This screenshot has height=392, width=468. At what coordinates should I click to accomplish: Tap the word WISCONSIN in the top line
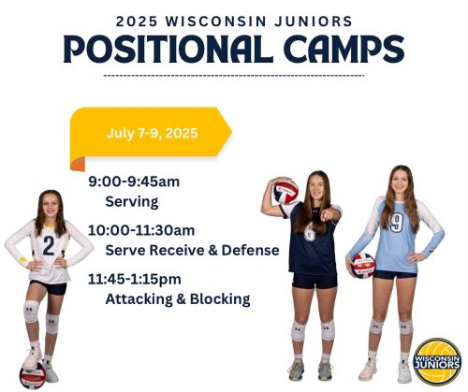pos(216,22)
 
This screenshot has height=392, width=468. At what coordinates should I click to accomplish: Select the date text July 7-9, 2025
pos(152,133)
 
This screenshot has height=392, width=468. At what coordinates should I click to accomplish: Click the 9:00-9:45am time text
pos(134,181)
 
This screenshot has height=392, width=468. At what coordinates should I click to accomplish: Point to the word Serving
pos(132,202)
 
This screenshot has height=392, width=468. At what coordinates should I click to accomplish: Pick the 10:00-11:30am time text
pos(141,230)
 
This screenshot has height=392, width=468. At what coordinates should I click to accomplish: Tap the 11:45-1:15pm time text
pos(135,279)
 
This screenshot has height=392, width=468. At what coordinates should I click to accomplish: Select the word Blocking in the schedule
pos(220,298)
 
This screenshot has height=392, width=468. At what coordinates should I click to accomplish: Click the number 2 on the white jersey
pos(49,246)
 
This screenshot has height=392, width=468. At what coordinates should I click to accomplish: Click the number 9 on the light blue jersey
pos(396,223)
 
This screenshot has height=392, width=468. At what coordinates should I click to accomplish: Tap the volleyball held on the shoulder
pos(285,191)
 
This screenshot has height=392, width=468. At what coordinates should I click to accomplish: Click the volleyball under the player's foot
pos(33,376)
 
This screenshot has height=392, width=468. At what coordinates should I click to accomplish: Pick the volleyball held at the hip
pos(363,266)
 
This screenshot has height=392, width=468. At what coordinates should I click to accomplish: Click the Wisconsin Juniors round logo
pos(437,362)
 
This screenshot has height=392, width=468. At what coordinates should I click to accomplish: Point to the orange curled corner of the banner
pos(78,164)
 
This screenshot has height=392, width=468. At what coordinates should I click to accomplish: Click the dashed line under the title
pos(234,76)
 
